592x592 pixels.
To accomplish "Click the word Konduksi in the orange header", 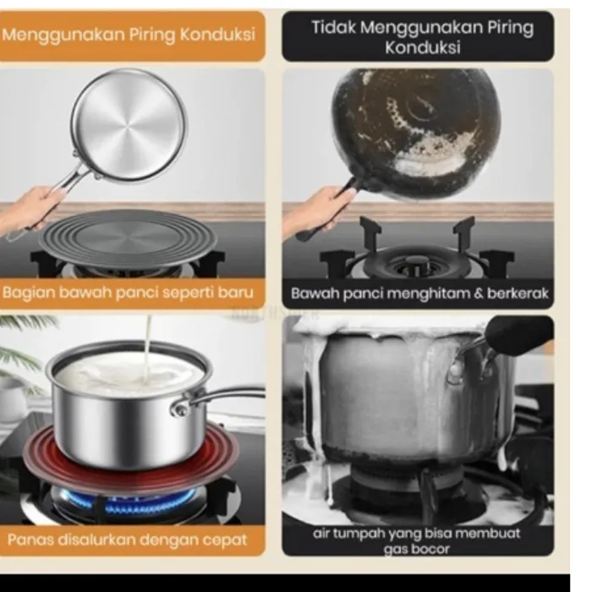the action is tap(218, 35).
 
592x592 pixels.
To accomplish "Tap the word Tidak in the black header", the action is tap(333, 28).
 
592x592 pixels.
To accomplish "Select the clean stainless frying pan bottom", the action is tap(129, 124).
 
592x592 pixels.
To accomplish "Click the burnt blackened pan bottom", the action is tap(416, 132).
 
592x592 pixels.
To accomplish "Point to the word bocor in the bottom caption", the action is tap(433, 549).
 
